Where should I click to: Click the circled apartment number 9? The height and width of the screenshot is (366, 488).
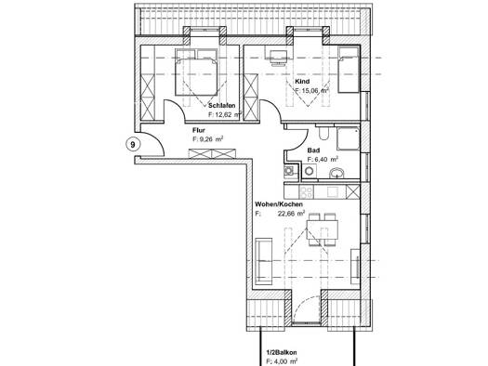tap(133, 145)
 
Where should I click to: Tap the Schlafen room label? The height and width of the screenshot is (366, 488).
tap(222, 105)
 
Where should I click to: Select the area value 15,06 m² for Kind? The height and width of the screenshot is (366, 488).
tap(312, 91)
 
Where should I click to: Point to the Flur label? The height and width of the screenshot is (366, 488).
tap(199, 130)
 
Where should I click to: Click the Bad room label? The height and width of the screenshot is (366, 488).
tap(313, 150)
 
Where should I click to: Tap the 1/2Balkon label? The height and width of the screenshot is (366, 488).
tap(281, 352)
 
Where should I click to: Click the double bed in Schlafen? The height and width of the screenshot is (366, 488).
tap(196, 72)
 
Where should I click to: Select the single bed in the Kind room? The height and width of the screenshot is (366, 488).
tap(349, 70)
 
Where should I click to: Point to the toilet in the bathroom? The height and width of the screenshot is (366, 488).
tap(323, 133)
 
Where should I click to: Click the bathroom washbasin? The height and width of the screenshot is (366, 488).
tap(337, 173)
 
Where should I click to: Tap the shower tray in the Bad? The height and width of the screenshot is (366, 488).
tap(348, 138)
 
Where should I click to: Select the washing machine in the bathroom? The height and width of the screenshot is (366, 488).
tap(309, 171)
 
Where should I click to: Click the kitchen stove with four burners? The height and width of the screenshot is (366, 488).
tap(306, 191)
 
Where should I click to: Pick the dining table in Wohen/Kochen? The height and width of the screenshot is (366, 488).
tap(323, 229)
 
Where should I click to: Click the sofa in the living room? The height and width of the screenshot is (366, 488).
tap(264, 261)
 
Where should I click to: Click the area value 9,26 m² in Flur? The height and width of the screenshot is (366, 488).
tap(208, 139)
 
